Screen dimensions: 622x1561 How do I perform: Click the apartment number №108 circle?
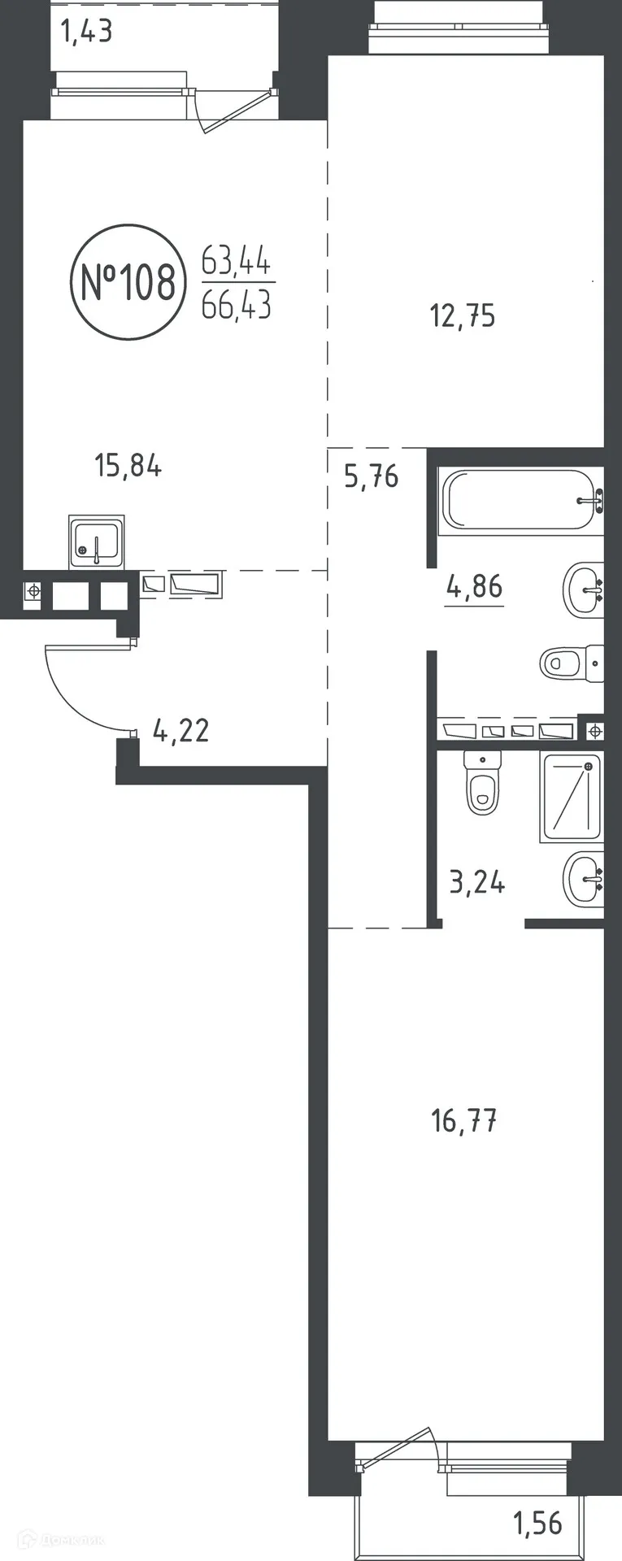72,282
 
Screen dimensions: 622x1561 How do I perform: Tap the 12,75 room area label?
462,315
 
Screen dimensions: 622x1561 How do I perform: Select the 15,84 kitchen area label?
128,466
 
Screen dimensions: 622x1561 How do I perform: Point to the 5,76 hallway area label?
372,476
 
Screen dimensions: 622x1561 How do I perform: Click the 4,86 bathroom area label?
475,585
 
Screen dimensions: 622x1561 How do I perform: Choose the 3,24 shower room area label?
477,881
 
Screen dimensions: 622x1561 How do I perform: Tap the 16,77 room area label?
464,1121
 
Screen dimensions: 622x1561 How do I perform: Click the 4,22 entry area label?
181,730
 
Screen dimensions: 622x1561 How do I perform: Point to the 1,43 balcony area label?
86,32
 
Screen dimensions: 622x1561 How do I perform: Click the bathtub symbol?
520,501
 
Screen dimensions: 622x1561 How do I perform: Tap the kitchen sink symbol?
97,541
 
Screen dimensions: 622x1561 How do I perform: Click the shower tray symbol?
572,797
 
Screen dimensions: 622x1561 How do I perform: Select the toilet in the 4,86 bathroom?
572,663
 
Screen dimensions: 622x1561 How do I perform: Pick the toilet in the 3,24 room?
482,781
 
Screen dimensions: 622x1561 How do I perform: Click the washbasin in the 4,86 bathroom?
584,589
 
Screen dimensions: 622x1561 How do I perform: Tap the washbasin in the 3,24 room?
584,879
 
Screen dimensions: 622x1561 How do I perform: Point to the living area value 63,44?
237,262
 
